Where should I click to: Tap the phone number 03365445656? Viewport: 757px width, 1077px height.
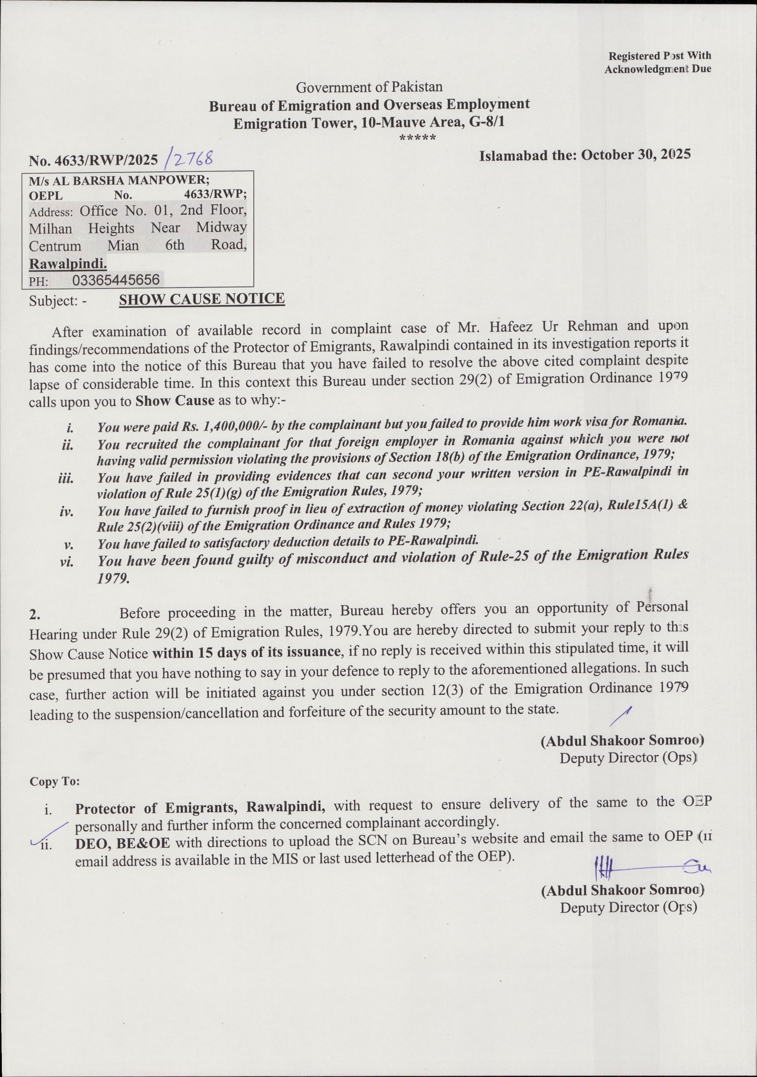point(116,280)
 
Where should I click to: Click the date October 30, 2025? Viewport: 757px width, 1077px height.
point(636,155)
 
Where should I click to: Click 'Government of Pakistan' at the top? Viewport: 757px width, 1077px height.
point(369,87)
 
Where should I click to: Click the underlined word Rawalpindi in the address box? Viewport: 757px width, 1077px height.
point(68,264)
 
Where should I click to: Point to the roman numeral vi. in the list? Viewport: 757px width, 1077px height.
point(67,561)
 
